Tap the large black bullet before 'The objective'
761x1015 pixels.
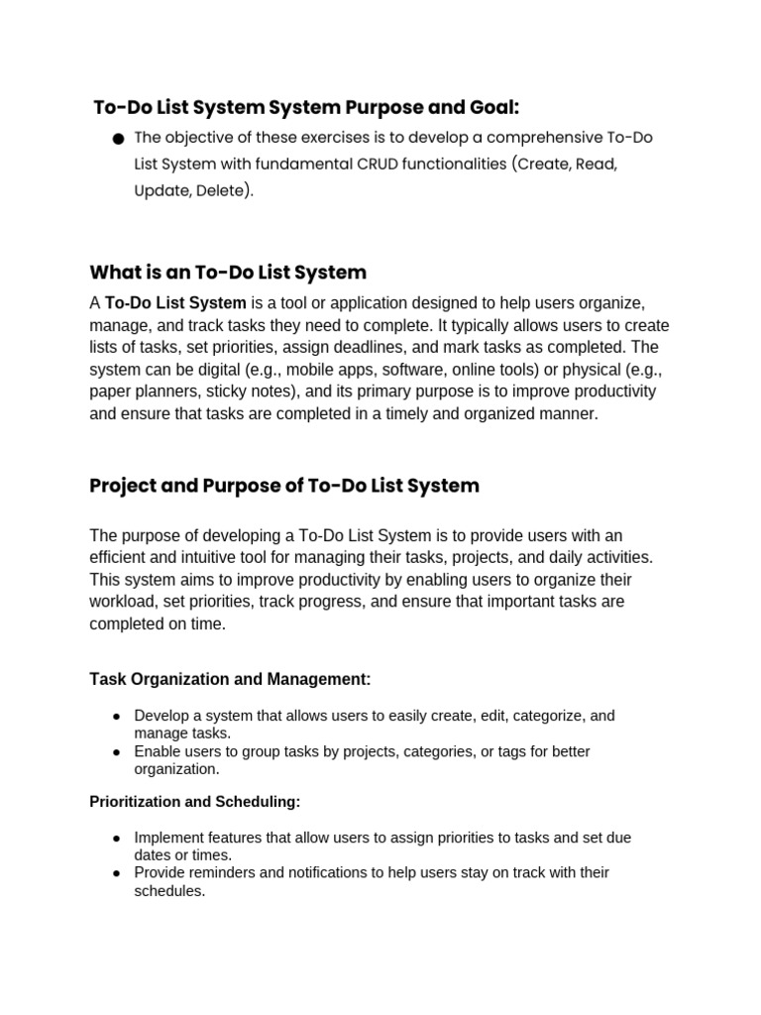click(118, 139)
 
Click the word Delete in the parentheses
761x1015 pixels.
click(222, 190)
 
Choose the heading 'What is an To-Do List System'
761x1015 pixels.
click(228, 272)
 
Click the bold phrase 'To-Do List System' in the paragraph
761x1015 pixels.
click(175, 303)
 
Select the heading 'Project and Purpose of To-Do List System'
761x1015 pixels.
click(284, 486)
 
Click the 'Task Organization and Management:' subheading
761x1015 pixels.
click(230, 679)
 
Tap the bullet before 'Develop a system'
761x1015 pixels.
click(117, 716)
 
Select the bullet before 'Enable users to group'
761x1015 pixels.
click(117, 752)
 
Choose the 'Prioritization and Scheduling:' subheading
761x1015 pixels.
click(194, 801)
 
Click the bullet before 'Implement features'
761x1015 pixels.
click(117, 839)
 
